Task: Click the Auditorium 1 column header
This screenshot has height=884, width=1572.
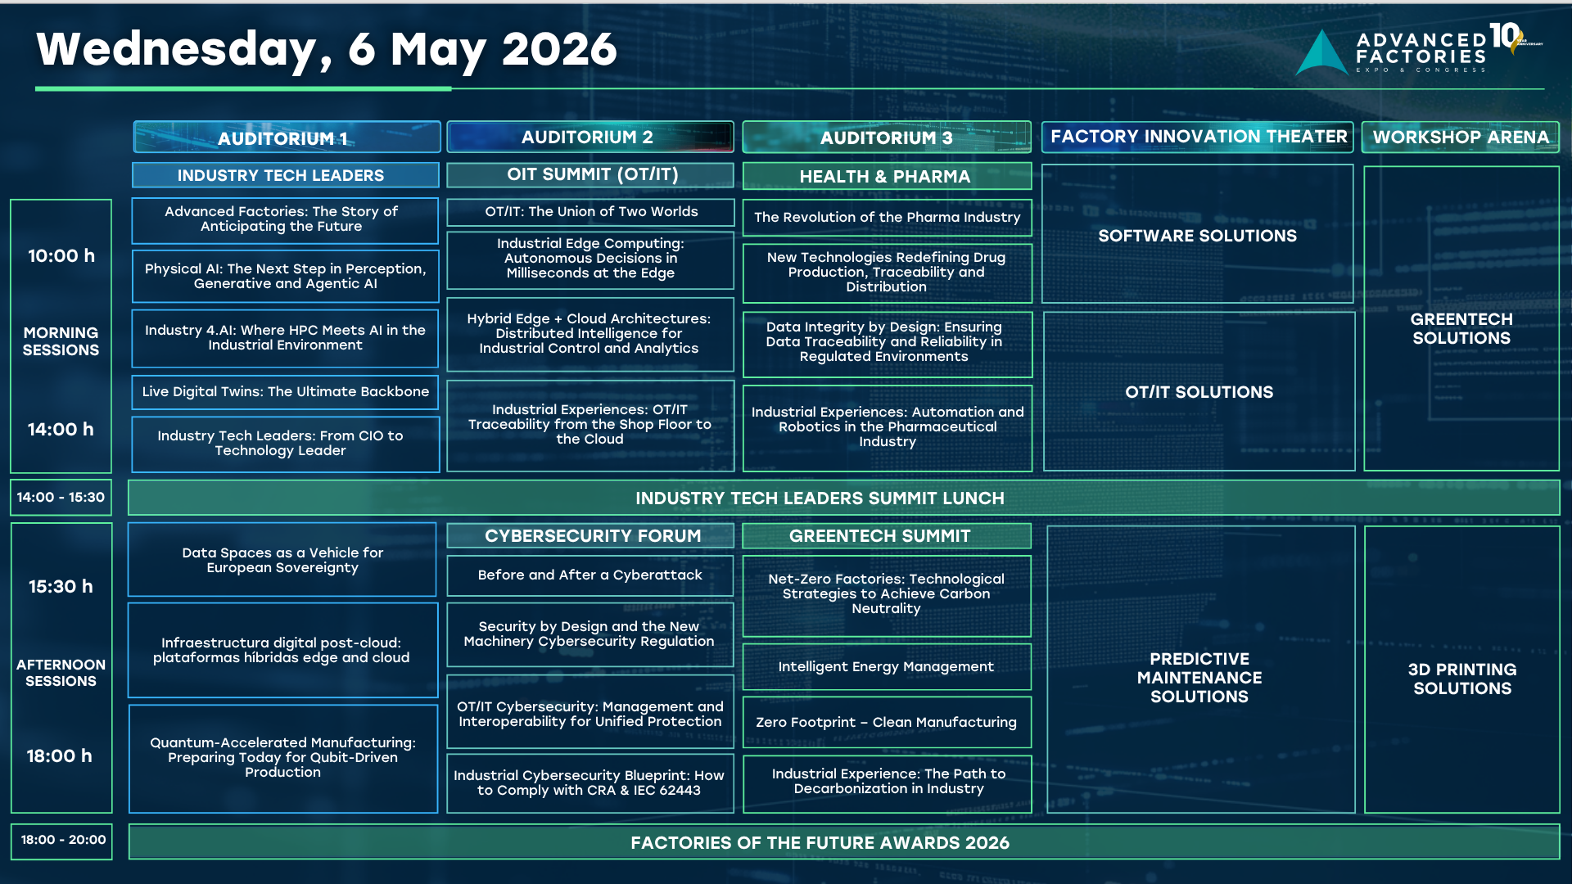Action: click(x=287, y=138)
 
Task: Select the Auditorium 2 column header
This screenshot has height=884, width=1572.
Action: click(x=590, y=137)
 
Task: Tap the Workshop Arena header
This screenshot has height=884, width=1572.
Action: click(x=1461, y=137)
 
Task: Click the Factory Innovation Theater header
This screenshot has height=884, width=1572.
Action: click(x=1198, y=137)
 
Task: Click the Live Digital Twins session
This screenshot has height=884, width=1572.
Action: click(x=285, y=392)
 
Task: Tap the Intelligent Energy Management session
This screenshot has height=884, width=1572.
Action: click(x=887, y=667)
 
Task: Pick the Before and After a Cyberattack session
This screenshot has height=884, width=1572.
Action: click(x=590, y=575)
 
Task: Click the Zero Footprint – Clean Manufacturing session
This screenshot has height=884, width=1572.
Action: click(x=887, y=722)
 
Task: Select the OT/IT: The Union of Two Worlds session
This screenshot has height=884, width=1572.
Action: click(x=590, y=212)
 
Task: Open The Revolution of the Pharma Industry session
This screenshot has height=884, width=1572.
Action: click(x=887, y=218)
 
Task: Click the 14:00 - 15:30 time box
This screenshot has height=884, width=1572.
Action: click(x=61, y=497)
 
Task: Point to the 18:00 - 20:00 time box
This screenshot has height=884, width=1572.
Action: click(x=62, y=841)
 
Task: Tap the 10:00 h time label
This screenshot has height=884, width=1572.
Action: click(x=61, y=255)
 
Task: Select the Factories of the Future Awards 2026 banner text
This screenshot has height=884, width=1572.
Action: click(x=820, y=843)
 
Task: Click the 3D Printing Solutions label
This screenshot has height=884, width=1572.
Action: click(x=1462, y=679)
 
